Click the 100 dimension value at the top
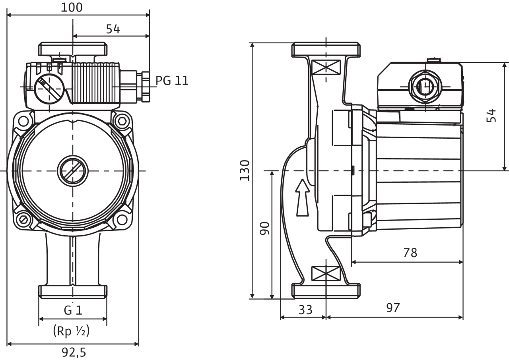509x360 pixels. click(72, 8)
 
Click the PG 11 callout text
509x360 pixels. click(172, 81)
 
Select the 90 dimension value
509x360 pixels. click(264, 228)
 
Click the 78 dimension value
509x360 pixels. click(410, 253)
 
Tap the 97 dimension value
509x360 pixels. click(393, 308)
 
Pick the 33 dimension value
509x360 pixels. click(305, 310)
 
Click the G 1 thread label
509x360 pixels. click(73, 310)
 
